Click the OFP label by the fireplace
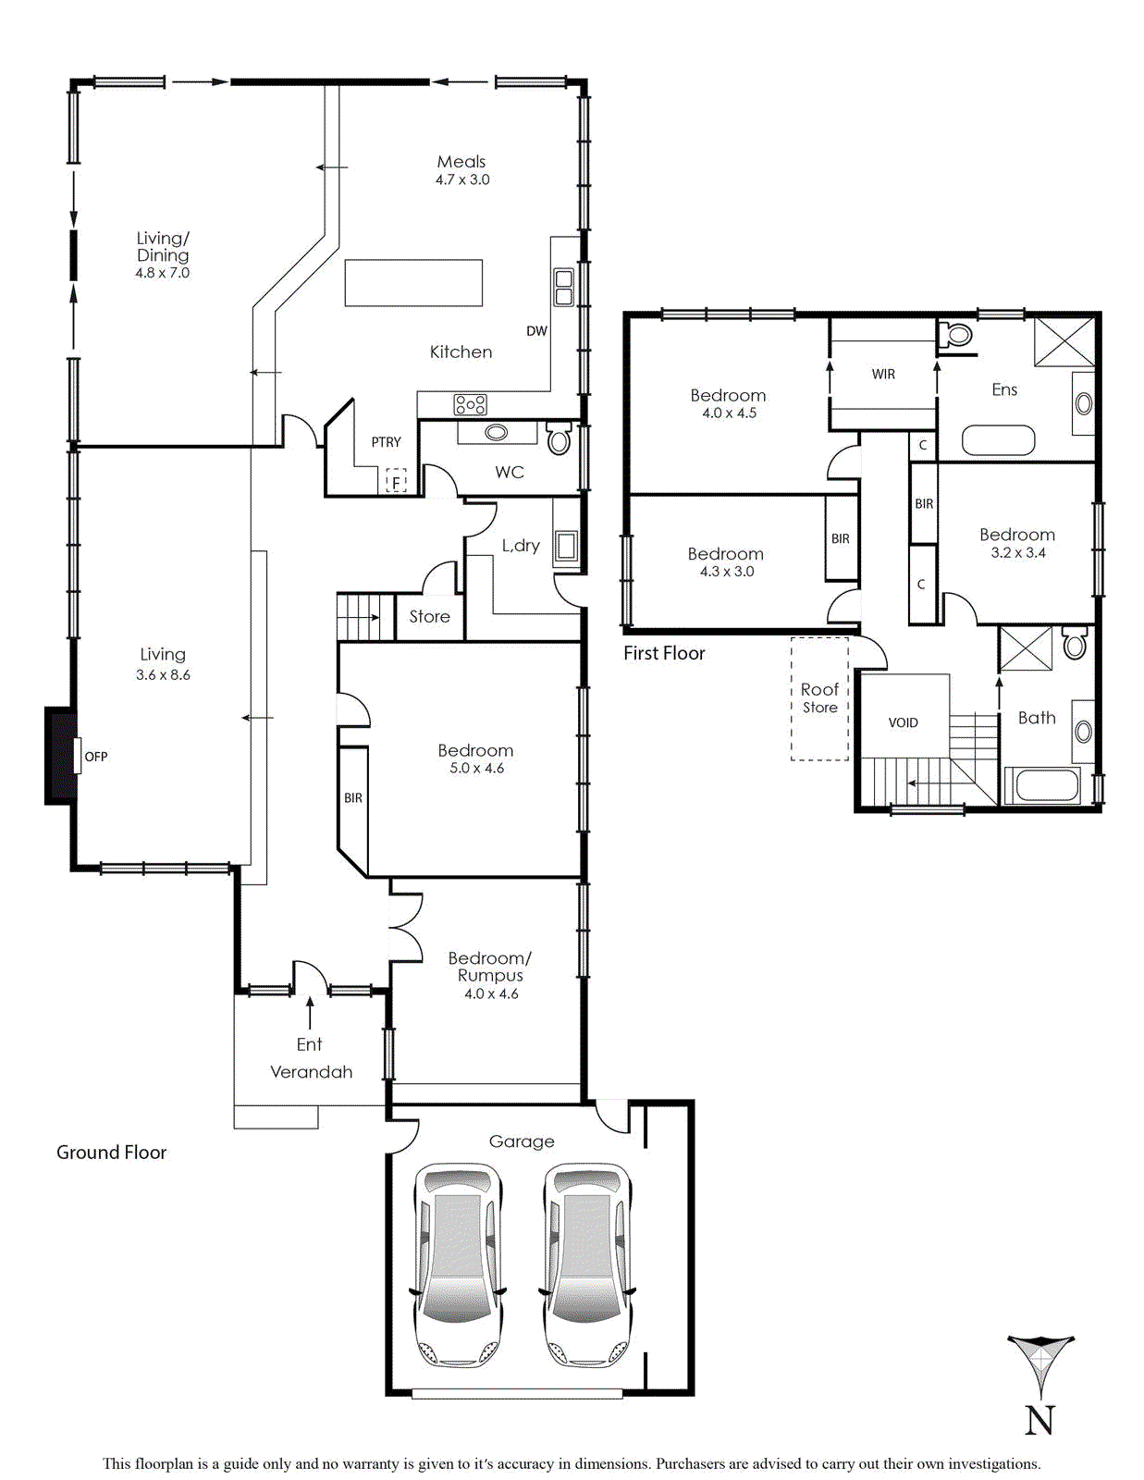[96, 757]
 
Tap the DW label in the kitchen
[536, 331]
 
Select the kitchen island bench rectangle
[413, 283]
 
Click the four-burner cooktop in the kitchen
[471, 404]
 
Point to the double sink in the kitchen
[564, 288]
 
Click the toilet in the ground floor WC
[560, 438]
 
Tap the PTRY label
[386, 443]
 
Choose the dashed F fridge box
[397, 480]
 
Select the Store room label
[430, 616]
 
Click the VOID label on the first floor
[903, 722]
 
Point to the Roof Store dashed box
[820, 698]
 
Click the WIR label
[883, 374]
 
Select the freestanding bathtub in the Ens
[998, 440]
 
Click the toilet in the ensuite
[957, 335]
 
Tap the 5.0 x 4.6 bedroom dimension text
[476, 769]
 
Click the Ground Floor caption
[112, 1153]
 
